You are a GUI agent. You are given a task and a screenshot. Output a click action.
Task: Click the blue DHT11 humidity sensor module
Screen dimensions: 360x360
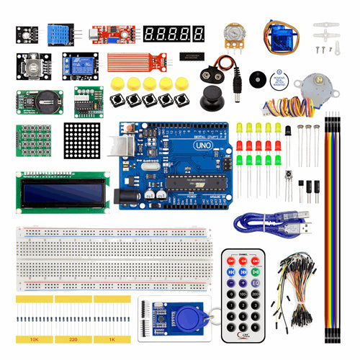pos(60,33)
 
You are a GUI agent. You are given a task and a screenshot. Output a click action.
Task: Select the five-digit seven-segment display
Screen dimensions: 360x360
pos(174,33)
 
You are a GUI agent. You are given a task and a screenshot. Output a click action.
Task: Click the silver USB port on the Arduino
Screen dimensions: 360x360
pos(118,148)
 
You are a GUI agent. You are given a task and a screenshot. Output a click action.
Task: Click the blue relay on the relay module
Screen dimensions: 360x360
pos(78,63)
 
